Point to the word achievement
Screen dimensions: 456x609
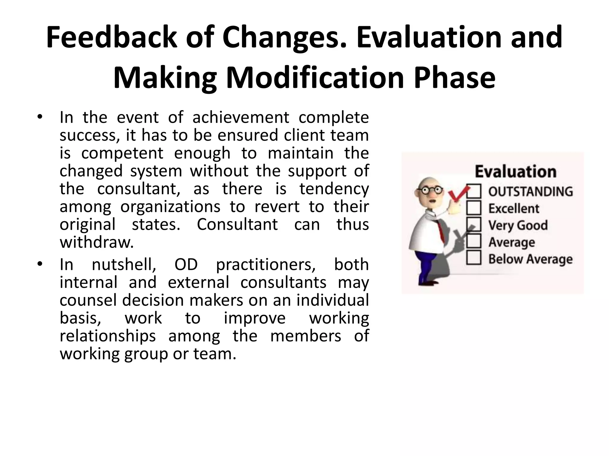241,117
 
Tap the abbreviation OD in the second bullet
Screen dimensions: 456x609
186,264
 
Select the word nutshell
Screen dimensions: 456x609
124,264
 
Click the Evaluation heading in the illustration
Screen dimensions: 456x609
515,172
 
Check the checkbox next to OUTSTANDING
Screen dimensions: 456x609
474,191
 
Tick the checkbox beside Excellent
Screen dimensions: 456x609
474,208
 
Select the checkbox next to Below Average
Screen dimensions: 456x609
474,258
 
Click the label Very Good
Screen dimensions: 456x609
518,225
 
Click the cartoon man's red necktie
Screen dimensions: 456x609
440,232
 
